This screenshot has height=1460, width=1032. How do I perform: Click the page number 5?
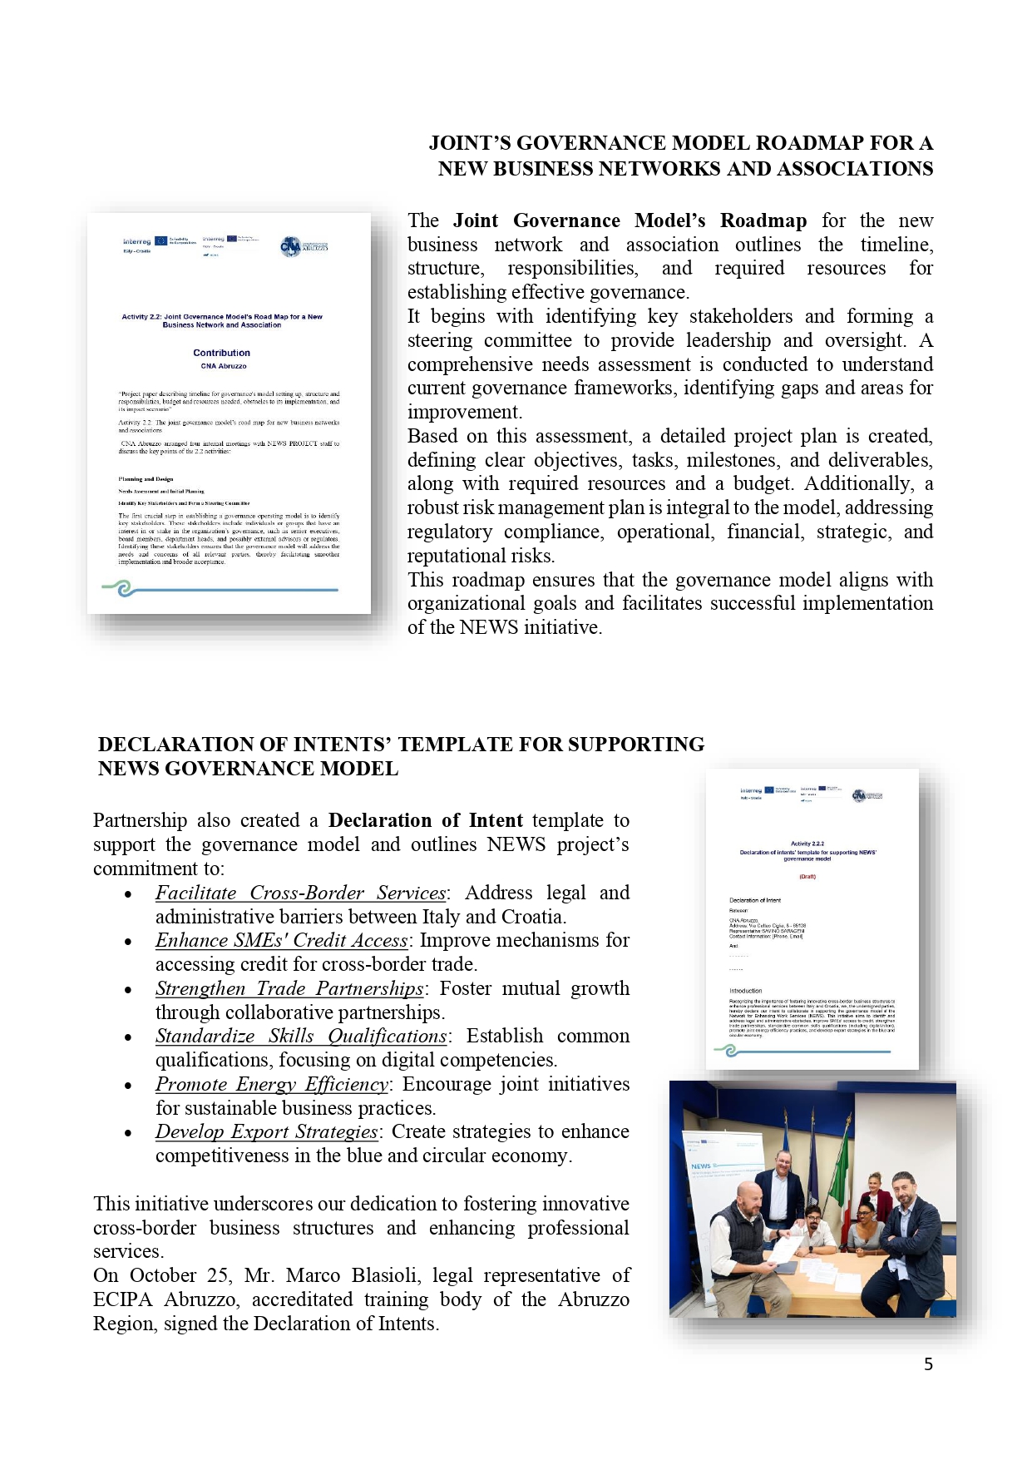click(x=928, y=1364)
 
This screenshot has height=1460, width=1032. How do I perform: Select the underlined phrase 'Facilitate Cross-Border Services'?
click(x=301, y=893)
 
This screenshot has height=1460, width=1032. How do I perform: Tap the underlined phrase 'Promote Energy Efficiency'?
click(x=271, y=1084)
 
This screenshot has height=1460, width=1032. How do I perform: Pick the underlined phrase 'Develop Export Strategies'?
click(x=266, y=1131)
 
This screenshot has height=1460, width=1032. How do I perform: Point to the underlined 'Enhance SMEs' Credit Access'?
click(x=282, y=940)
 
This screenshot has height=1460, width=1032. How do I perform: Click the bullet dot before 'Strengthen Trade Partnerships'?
click(x=128, y=990)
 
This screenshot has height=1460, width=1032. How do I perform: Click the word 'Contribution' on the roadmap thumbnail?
click(x=221, y=353)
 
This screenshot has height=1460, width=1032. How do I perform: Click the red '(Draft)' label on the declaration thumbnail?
click(x=807, y=876)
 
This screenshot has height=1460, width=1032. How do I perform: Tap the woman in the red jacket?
click(x=876, y=1191)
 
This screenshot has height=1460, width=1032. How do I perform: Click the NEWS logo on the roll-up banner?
click(x=700, y=1166)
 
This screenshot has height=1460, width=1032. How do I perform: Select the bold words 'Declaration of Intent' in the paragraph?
click(x=425, y=820)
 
